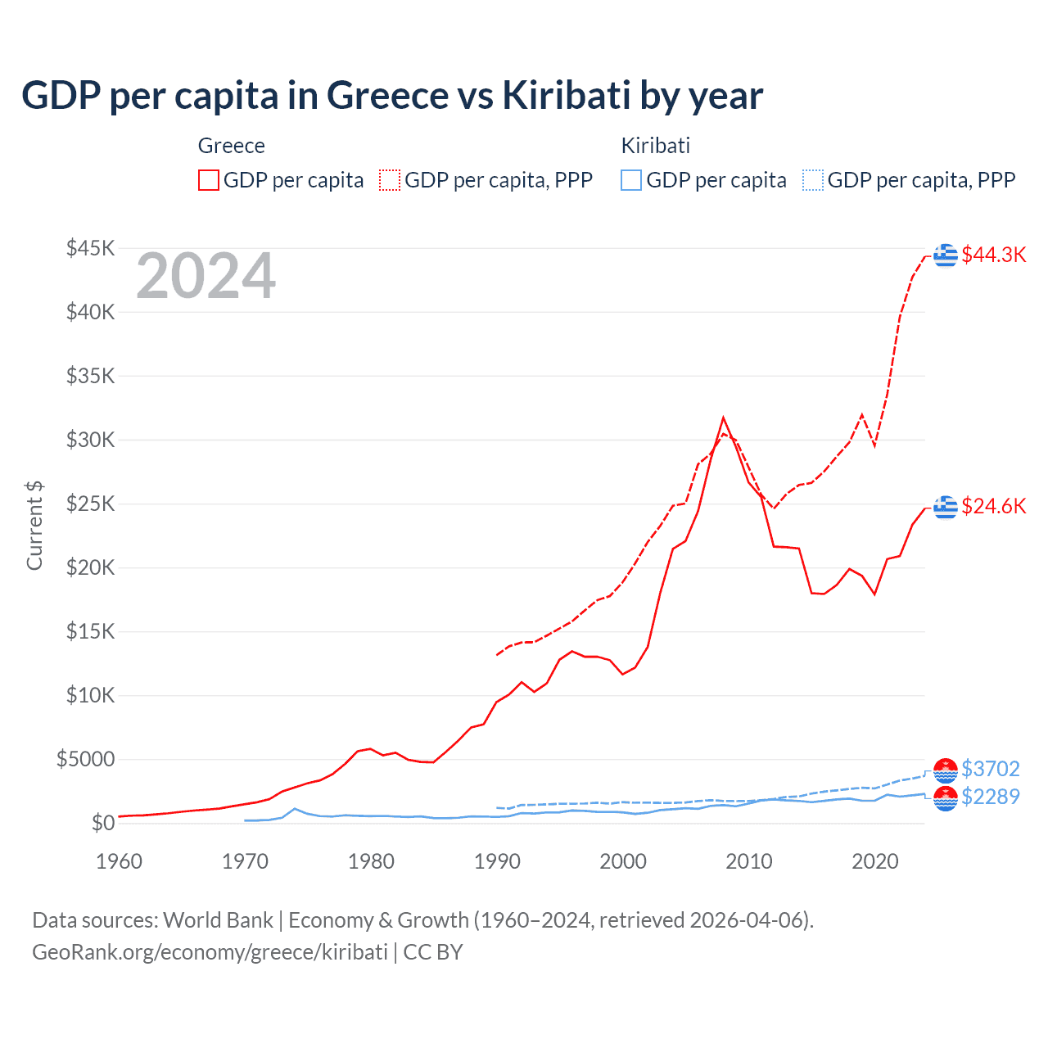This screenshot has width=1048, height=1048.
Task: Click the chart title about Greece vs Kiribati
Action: [392, 96]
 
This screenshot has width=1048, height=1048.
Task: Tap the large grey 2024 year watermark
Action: [206, 277]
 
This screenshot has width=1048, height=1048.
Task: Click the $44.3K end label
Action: [993, 255]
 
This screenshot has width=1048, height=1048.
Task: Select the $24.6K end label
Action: [993, 506]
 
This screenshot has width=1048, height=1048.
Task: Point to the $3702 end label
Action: [990, 769]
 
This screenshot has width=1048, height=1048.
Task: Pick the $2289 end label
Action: [990, 797]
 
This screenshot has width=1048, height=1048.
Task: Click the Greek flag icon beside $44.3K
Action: [946, 255]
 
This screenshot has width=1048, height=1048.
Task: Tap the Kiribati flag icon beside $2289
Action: [946, 798]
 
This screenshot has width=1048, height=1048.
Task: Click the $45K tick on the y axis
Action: [91, 248]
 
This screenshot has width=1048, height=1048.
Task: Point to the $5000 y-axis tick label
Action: [85, 759]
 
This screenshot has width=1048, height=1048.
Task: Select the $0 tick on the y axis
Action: [102, 823]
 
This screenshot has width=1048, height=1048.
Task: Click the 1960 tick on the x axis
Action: [120, 861]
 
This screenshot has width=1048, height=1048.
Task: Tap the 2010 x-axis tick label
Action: [749, 861]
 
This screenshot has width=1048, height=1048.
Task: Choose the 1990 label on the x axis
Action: [497, 861]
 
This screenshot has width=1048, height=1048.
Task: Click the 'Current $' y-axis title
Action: [34, 525]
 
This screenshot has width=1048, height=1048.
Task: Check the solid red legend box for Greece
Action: [209, 180]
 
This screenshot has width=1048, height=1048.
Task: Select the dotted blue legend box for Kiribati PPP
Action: [813, 180]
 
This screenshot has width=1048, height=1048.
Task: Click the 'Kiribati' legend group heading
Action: [655, 146]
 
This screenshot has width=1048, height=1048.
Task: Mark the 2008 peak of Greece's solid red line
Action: [723, 418]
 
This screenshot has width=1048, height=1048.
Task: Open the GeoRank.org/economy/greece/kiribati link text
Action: [210, 952]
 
